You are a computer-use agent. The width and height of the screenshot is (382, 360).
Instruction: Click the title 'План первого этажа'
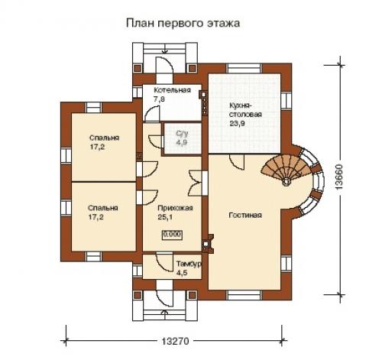183,23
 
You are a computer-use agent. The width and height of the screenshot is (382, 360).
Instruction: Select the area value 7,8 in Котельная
159,99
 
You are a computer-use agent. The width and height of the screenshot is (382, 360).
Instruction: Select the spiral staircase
287,169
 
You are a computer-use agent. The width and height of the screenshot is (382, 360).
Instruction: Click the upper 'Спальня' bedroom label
102,138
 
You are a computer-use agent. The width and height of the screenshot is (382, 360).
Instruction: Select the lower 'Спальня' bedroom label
102,208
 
